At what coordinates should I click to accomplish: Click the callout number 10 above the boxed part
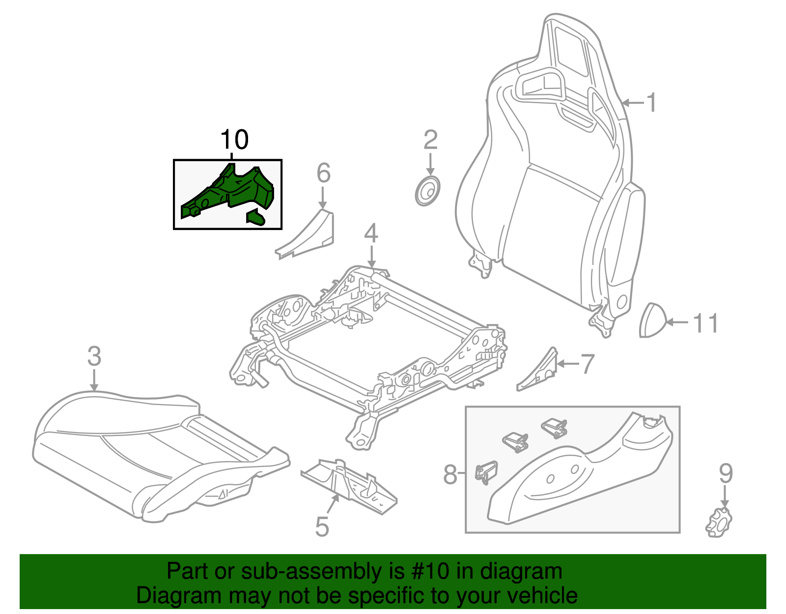click(235, 140)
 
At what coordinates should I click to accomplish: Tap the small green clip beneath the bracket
click(256, 217)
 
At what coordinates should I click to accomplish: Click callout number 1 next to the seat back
click(651, 103)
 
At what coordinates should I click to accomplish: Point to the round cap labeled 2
click(427, 191)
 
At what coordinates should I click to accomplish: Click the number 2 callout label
click(430, 140)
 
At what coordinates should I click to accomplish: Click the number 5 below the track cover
click(322, 526)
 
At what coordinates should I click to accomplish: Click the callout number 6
click(323, 173)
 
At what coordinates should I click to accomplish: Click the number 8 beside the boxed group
click(450, 475)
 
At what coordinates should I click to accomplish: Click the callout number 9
click(725, 473)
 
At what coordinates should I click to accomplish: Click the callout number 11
click(705, 323)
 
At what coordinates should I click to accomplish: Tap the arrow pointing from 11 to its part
click(678, 322)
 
